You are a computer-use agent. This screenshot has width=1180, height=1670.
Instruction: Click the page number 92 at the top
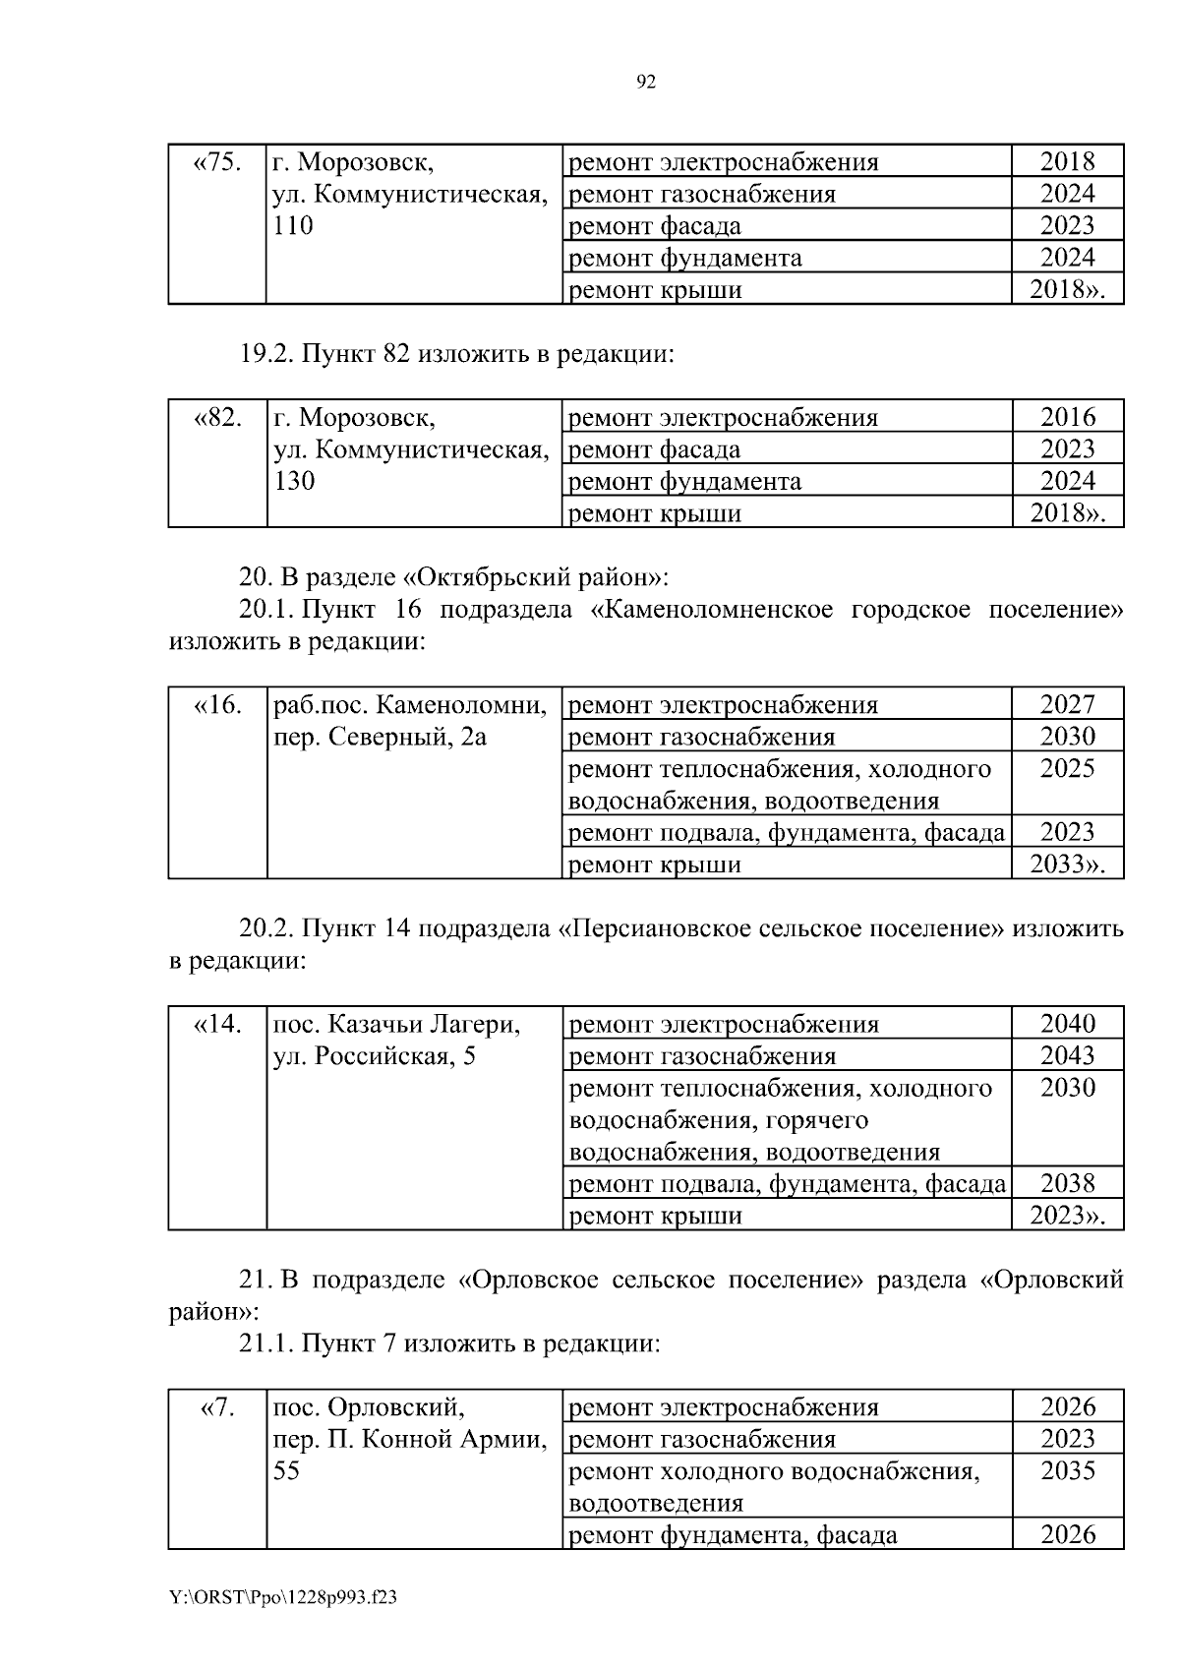646,83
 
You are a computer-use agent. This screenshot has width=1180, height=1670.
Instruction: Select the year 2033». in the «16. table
1067,865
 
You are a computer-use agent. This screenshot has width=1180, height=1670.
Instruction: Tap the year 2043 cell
1067,1055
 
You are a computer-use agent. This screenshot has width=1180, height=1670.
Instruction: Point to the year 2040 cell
1067,1024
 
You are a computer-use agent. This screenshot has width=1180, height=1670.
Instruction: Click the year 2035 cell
1067,1470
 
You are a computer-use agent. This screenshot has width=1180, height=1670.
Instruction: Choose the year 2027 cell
1067,704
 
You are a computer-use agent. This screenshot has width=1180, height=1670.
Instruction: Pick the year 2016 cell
1067,417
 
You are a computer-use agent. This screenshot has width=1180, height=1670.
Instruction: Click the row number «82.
217,417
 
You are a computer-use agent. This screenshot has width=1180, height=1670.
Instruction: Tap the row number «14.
217,1024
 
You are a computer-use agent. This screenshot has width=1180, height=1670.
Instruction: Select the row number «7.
217,1407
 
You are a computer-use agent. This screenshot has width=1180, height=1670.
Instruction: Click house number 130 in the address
293,481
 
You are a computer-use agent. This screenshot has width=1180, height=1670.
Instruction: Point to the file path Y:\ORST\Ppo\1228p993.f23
283,1598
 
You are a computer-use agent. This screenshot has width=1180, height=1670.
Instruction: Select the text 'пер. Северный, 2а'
380,737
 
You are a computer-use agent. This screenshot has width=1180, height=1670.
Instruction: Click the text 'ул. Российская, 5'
374,1056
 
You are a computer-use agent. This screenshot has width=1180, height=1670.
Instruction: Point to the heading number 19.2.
266,354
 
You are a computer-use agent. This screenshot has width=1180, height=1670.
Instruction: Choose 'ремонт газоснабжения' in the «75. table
702,194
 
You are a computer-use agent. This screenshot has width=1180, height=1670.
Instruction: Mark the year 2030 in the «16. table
1067,737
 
